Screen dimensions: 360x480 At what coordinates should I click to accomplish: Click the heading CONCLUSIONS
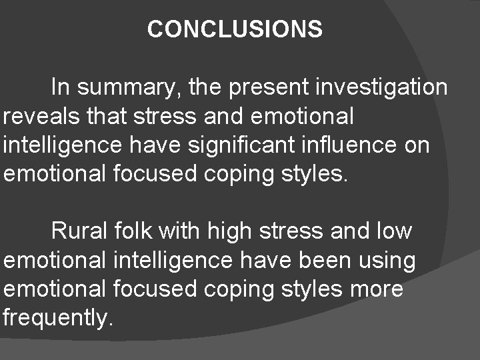point(235,29)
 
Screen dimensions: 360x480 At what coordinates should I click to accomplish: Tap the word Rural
point(75,232)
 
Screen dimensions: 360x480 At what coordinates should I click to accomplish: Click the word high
point(231,232)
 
